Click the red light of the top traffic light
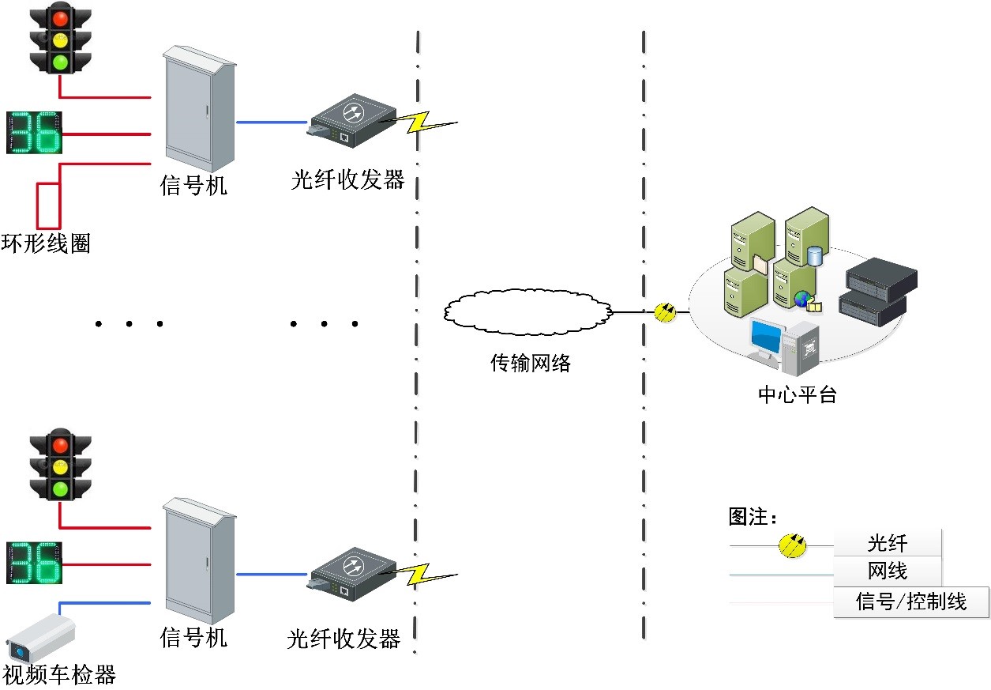[x=60, y=17]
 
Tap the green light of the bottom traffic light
[x=60, y=488]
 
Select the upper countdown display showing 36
[x=33, y=132]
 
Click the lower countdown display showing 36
[x=33, y=562]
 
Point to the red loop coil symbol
[x=49, y=204]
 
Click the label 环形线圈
[x=46, y=243]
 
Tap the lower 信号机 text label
[x=193, y=636]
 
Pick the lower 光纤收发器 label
[x=344, y=638]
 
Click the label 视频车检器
[x=59, y=675]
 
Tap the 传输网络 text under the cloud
[x=530, y=363]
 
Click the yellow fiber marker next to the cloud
[x=665, y=312]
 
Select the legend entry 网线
[x=888, y=571]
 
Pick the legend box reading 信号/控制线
[x=910, y=601]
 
